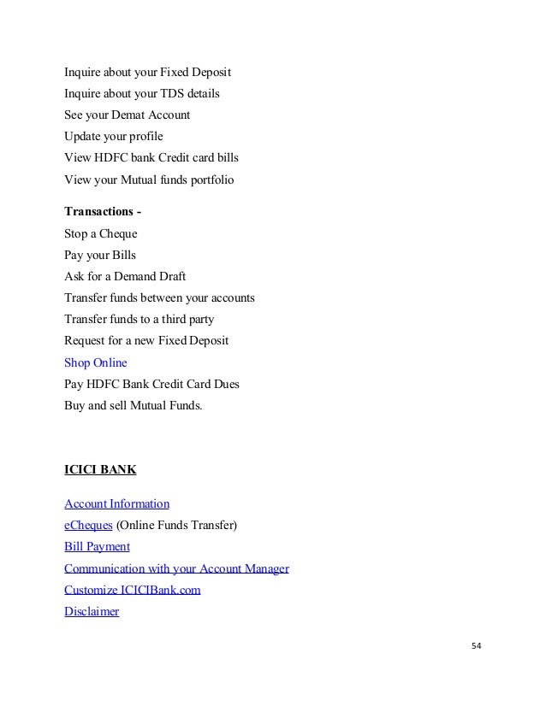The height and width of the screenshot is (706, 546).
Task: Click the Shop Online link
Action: tap(95, 362)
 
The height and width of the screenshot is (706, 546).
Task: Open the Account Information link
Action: tap(116, 503)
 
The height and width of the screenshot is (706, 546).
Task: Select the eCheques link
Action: tap(88, 525)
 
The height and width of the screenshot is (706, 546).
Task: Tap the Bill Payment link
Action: tap(97, 546)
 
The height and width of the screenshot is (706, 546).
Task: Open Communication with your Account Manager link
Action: tap(176, 568)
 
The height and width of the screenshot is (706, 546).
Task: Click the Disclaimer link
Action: tap(92, 612)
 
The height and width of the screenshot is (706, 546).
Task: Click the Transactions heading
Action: tap(98, 211)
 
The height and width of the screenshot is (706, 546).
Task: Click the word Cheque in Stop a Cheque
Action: tap(119, 232)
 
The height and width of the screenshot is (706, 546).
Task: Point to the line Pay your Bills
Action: tap(99, 255)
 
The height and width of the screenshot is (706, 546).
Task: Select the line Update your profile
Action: tap(113, 136)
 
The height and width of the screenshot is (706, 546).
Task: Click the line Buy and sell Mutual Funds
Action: tap(134, 406)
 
